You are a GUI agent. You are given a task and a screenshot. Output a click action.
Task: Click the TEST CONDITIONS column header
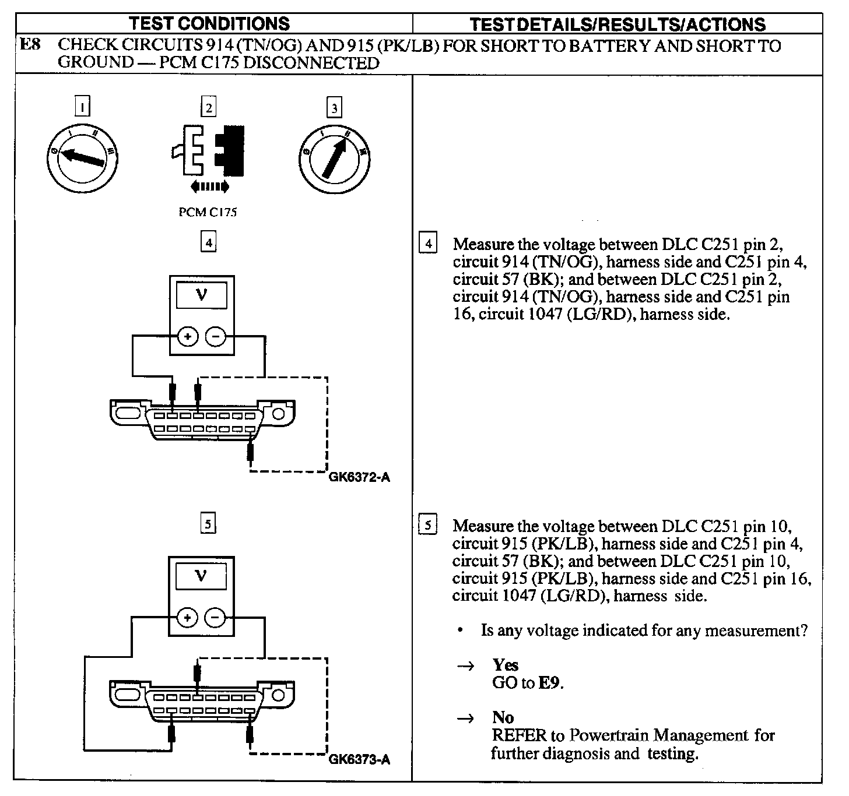[x=209, y=23]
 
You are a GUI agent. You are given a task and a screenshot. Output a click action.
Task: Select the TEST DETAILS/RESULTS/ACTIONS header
[x=618, y=24]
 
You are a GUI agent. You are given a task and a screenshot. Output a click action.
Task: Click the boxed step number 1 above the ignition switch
[x=84, y=107]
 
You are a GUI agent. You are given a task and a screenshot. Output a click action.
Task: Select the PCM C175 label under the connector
[x=208, y=212]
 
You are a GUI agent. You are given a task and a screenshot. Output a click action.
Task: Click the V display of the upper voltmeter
[x=202, y=295]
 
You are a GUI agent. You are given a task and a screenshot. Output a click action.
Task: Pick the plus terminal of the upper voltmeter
[x=188, y=336]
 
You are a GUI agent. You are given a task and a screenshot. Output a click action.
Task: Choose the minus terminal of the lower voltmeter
[x=216, y=617]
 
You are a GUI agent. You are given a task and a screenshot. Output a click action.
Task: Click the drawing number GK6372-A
[x=359, y=478]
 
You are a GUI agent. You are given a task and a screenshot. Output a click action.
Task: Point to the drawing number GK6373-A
[x=359, y=759]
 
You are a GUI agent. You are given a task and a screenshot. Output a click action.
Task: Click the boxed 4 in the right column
[x=428, y=243]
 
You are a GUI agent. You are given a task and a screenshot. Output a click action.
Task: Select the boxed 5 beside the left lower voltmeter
[x=208, y=524]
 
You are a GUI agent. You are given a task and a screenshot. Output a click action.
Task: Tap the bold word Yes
[x=505, y=665]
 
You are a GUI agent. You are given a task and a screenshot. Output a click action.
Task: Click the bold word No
[x=503, y=717]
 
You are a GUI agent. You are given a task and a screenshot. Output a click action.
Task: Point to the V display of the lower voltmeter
[x=202, y=576]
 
